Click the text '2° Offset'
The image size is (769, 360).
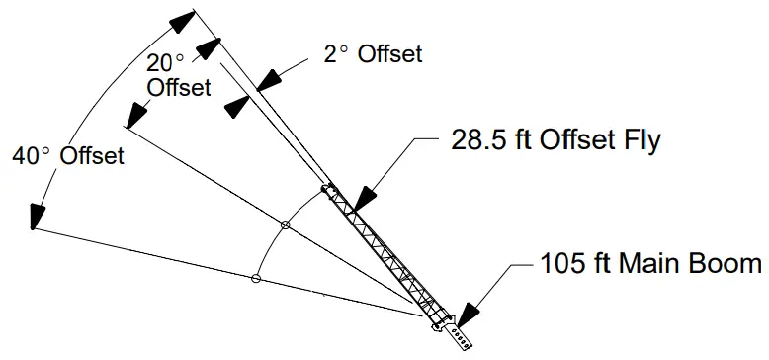coord(373,53)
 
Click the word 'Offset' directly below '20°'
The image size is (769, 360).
coord(179,87)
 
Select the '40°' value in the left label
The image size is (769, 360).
coord(32,155)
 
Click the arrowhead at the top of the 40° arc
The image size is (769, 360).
coord(181,21)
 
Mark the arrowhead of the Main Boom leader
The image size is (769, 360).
coord(469,315)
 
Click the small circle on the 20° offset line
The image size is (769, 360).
coord(286,226)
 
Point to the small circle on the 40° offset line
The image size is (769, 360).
coord(255,279)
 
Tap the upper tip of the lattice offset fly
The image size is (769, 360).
coord(329,188)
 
